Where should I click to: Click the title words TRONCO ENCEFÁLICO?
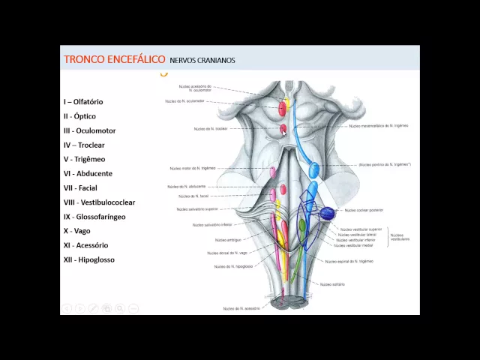[x=113, y=59]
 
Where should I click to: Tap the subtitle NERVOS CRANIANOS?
[x=202, y=60]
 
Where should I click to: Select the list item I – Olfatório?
[x=83, y=101]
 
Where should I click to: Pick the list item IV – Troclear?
[x=84, y=145]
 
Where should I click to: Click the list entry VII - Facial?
[x=80, y=188]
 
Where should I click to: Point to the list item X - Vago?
[x=76, y=231]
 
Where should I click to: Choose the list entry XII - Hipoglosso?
[x=88, y=259]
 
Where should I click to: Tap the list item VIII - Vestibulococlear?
[x=99, y=202]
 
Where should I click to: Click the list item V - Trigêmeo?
[x=84, y=159]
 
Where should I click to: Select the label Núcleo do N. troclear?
[x=210, y=129]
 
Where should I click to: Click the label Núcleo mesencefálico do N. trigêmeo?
[x=379, y=126]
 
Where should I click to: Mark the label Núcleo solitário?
[x=331, y=284]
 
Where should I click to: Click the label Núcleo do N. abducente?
[x=187, y=186]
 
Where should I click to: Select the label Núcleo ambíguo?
[x=228, y=240]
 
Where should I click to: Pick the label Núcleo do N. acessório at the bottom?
[x=241, y=308]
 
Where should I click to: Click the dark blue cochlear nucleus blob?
[x=327, y=214]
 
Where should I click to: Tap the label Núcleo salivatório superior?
[x=197, y=209]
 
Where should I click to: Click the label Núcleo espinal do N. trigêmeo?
[x=349, y=261]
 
